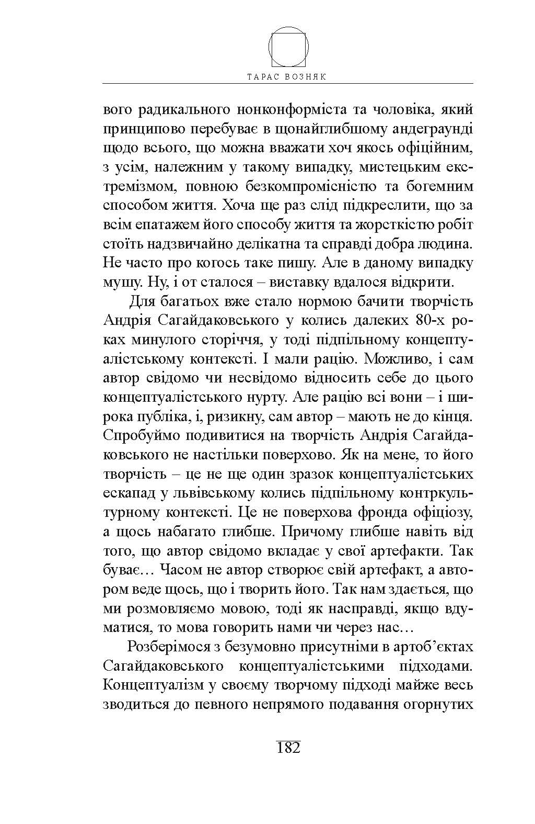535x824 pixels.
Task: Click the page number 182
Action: point(287,747)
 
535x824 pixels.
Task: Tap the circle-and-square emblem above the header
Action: point(288,47)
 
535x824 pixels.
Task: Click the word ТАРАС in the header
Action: point(264,76)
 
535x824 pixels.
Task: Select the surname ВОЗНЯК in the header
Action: point(309,76)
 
